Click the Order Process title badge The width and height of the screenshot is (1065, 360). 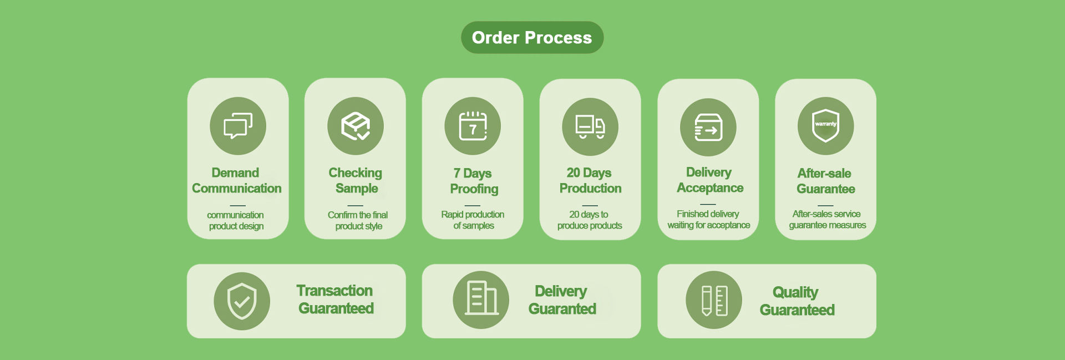click(x=532, y=38)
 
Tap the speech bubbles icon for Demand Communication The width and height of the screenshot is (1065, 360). click(x=238, y=126)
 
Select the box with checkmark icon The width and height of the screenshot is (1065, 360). click(x=356, y=126)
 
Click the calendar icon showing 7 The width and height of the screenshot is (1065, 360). click(x=473, y=126)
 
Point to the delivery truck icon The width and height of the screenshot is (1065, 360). click(x=590, y=127)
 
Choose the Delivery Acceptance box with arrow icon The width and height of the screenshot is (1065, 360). click(x=708, y=128)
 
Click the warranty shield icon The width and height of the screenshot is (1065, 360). click(x=825, y=126)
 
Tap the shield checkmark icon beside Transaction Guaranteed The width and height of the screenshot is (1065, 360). click(x=242, y=301)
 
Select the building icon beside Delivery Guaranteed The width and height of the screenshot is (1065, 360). click(x=481, y=300)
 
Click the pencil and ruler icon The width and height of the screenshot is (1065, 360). click(x=714, y=300)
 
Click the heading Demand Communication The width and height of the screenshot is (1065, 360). click(x=237, y=181)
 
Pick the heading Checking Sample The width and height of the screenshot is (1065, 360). click(x=356, y=181)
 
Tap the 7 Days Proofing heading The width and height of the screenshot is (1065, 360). click(x=474, y=181)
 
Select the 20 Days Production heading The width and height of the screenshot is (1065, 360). click(x=590, y=181)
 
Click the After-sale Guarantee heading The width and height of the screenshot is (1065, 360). click(x=825, y=181)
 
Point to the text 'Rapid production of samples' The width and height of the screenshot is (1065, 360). click(x=473, y=220)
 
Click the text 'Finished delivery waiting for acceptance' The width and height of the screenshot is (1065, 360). click(x=708, y=220)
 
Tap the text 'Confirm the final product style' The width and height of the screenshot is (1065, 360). click(x=358, y=221)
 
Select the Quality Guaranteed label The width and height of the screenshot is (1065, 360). click(x=797, y=301)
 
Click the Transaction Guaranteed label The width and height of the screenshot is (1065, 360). click(x=336, y=300)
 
